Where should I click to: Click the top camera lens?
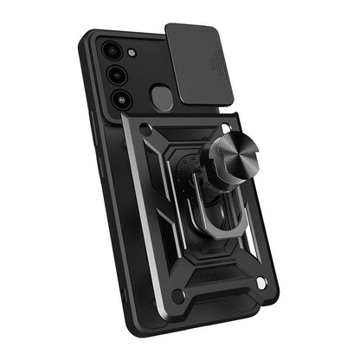(111, 51)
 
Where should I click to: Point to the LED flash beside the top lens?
(131, 54)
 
